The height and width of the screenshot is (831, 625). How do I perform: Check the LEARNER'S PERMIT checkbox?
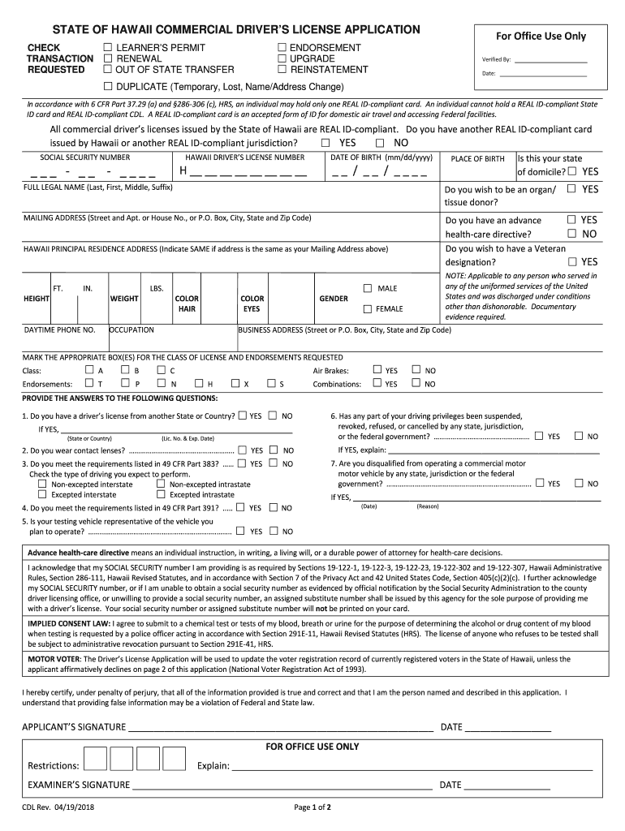[x=108, y=48]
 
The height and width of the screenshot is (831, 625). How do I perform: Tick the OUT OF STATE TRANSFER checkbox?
[x=108, y=70]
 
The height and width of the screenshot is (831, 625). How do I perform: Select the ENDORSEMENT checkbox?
[x=282, y=48]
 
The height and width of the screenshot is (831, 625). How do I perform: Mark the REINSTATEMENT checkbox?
[x=282, y=70]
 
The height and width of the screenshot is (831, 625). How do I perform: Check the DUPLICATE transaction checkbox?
[x=108, y=86]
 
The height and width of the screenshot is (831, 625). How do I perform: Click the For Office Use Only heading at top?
[x=541, y=36]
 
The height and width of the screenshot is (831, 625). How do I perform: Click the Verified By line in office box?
[x=550, y=60]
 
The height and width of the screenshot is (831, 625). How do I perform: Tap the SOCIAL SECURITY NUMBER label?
[x=85, y=157]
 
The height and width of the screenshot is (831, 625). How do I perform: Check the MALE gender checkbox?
[x=367, y=288]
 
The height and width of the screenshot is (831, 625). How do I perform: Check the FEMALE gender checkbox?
[x=367, y=308]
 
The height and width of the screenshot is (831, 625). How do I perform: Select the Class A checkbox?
[x=89, y=370]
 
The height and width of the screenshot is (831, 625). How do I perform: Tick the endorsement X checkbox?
[x=235, y=383]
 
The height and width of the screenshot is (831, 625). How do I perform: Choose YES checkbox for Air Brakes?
[x=377, y=370]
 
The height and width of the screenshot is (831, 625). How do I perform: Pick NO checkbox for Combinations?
[x=416, y=383]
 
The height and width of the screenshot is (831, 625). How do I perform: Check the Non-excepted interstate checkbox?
[x=42, y=484]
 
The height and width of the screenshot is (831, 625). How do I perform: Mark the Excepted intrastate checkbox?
[x=160, y=494]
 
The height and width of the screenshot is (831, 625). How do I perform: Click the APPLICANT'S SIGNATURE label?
[x=74, y=726]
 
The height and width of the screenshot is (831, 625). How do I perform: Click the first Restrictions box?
[x=96, y=759]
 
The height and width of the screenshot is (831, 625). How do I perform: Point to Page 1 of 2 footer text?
[x=312, y=807]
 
